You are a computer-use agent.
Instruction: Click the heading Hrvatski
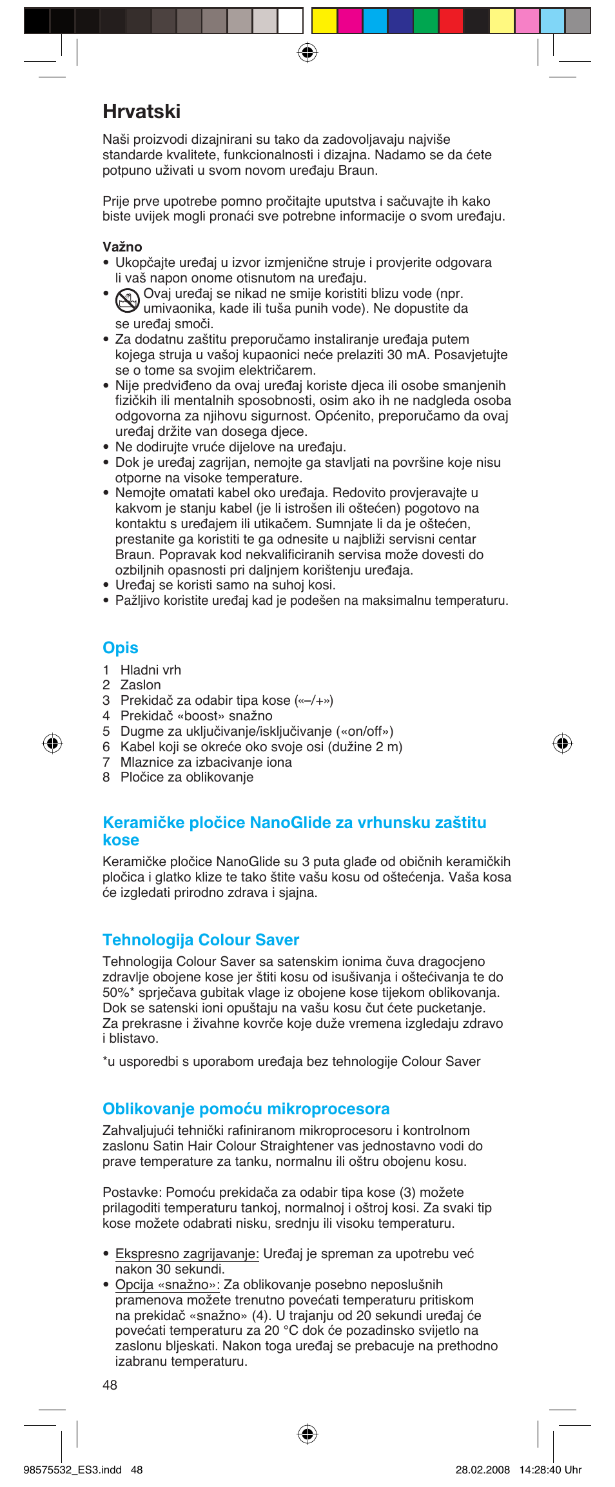pos(141,112)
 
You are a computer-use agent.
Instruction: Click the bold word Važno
pos(122,247)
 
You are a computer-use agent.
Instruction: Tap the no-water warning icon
pos(127,300)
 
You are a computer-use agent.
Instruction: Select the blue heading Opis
pos(121,647)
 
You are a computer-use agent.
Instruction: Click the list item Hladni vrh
pos(150,670)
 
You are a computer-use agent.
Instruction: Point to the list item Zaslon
pos(141,685)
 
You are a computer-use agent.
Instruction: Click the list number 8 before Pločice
pos(106,777)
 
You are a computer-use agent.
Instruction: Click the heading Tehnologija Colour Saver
pos(200,940)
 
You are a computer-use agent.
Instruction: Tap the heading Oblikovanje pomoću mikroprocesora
pos(246,1108)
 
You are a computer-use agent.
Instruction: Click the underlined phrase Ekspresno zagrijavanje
pos(186,1254)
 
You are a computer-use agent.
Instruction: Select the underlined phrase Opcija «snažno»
pos(167,1285)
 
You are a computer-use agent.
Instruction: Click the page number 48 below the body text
pos(110,1385)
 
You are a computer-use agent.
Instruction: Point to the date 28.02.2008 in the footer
pos(482,1470)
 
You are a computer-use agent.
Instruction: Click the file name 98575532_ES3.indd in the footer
pos(72,1470)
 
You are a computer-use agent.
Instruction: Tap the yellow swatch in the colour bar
pos(324,21)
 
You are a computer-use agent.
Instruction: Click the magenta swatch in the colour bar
pos(349,21)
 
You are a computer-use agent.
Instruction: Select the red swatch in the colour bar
pos(451,21)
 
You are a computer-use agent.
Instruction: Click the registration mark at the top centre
pos(307,52)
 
